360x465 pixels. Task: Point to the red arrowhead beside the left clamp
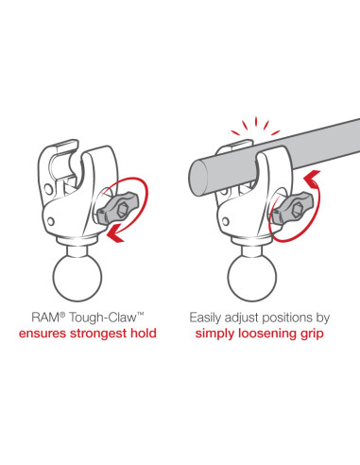(x=115, y=233)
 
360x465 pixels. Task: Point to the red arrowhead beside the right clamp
(x=313, y=179)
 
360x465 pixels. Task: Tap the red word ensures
(x=43, y=334)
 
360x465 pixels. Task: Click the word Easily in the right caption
(x=205, y=318)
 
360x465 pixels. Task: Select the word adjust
(x=243, y=319)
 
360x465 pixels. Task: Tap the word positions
(x=288, y=319)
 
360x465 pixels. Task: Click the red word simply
(x=214, y=334)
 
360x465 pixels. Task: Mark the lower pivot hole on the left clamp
(x=51, y=220)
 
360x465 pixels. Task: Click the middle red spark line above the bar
(x=256, y=121)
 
